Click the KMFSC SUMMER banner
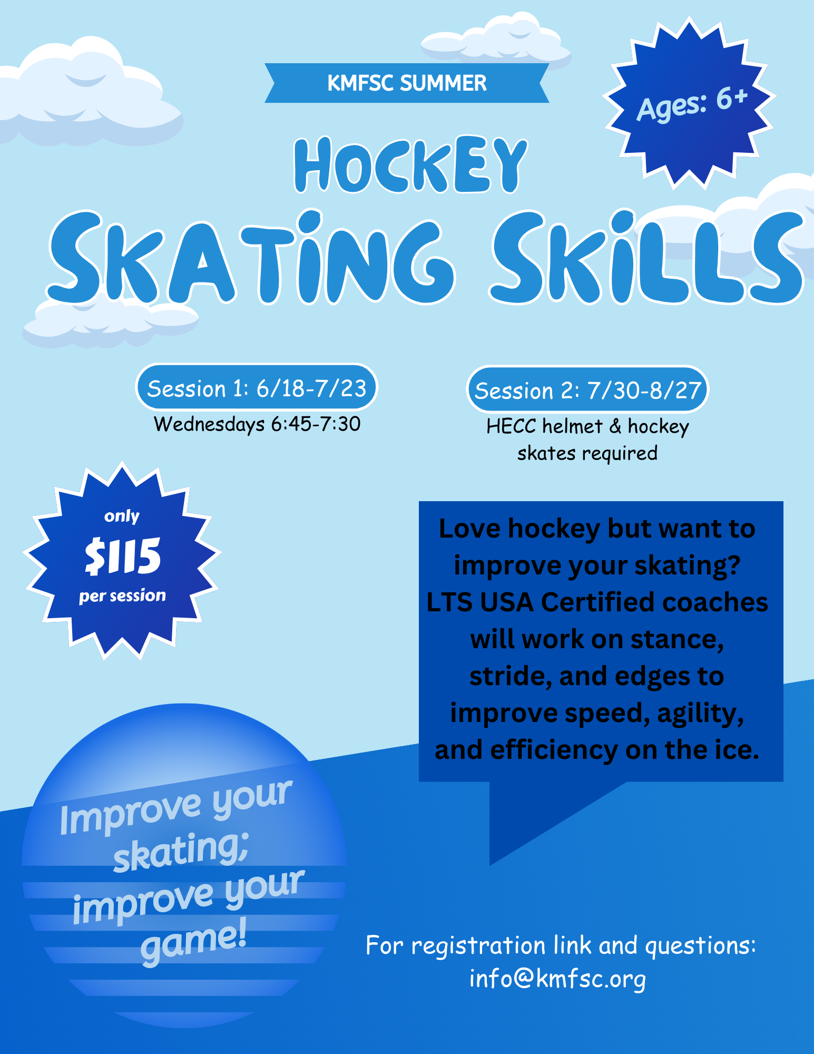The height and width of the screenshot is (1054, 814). point(407,83)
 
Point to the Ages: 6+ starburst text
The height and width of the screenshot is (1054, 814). point(692,104)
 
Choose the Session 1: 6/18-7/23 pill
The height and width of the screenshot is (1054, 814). point(257,388)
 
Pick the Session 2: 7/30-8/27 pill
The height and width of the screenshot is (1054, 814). point(587,390)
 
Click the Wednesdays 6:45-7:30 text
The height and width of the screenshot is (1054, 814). point(257,424)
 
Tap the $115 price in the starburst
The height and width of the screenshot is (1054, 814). point(123,556)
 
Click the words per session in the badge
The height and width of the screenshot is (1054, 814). point(122,596)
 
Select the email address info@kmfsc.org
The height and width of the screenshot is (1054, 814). point(557,979)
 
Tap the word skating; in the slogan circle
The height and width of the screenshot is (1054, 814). point(181,851)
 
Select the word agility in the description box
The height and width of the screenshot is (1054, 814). point(700,714)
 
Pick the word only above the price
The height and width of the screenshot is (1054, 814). point(122,515)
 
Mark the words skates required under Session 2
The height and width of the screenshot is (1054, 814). point(587,453)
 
